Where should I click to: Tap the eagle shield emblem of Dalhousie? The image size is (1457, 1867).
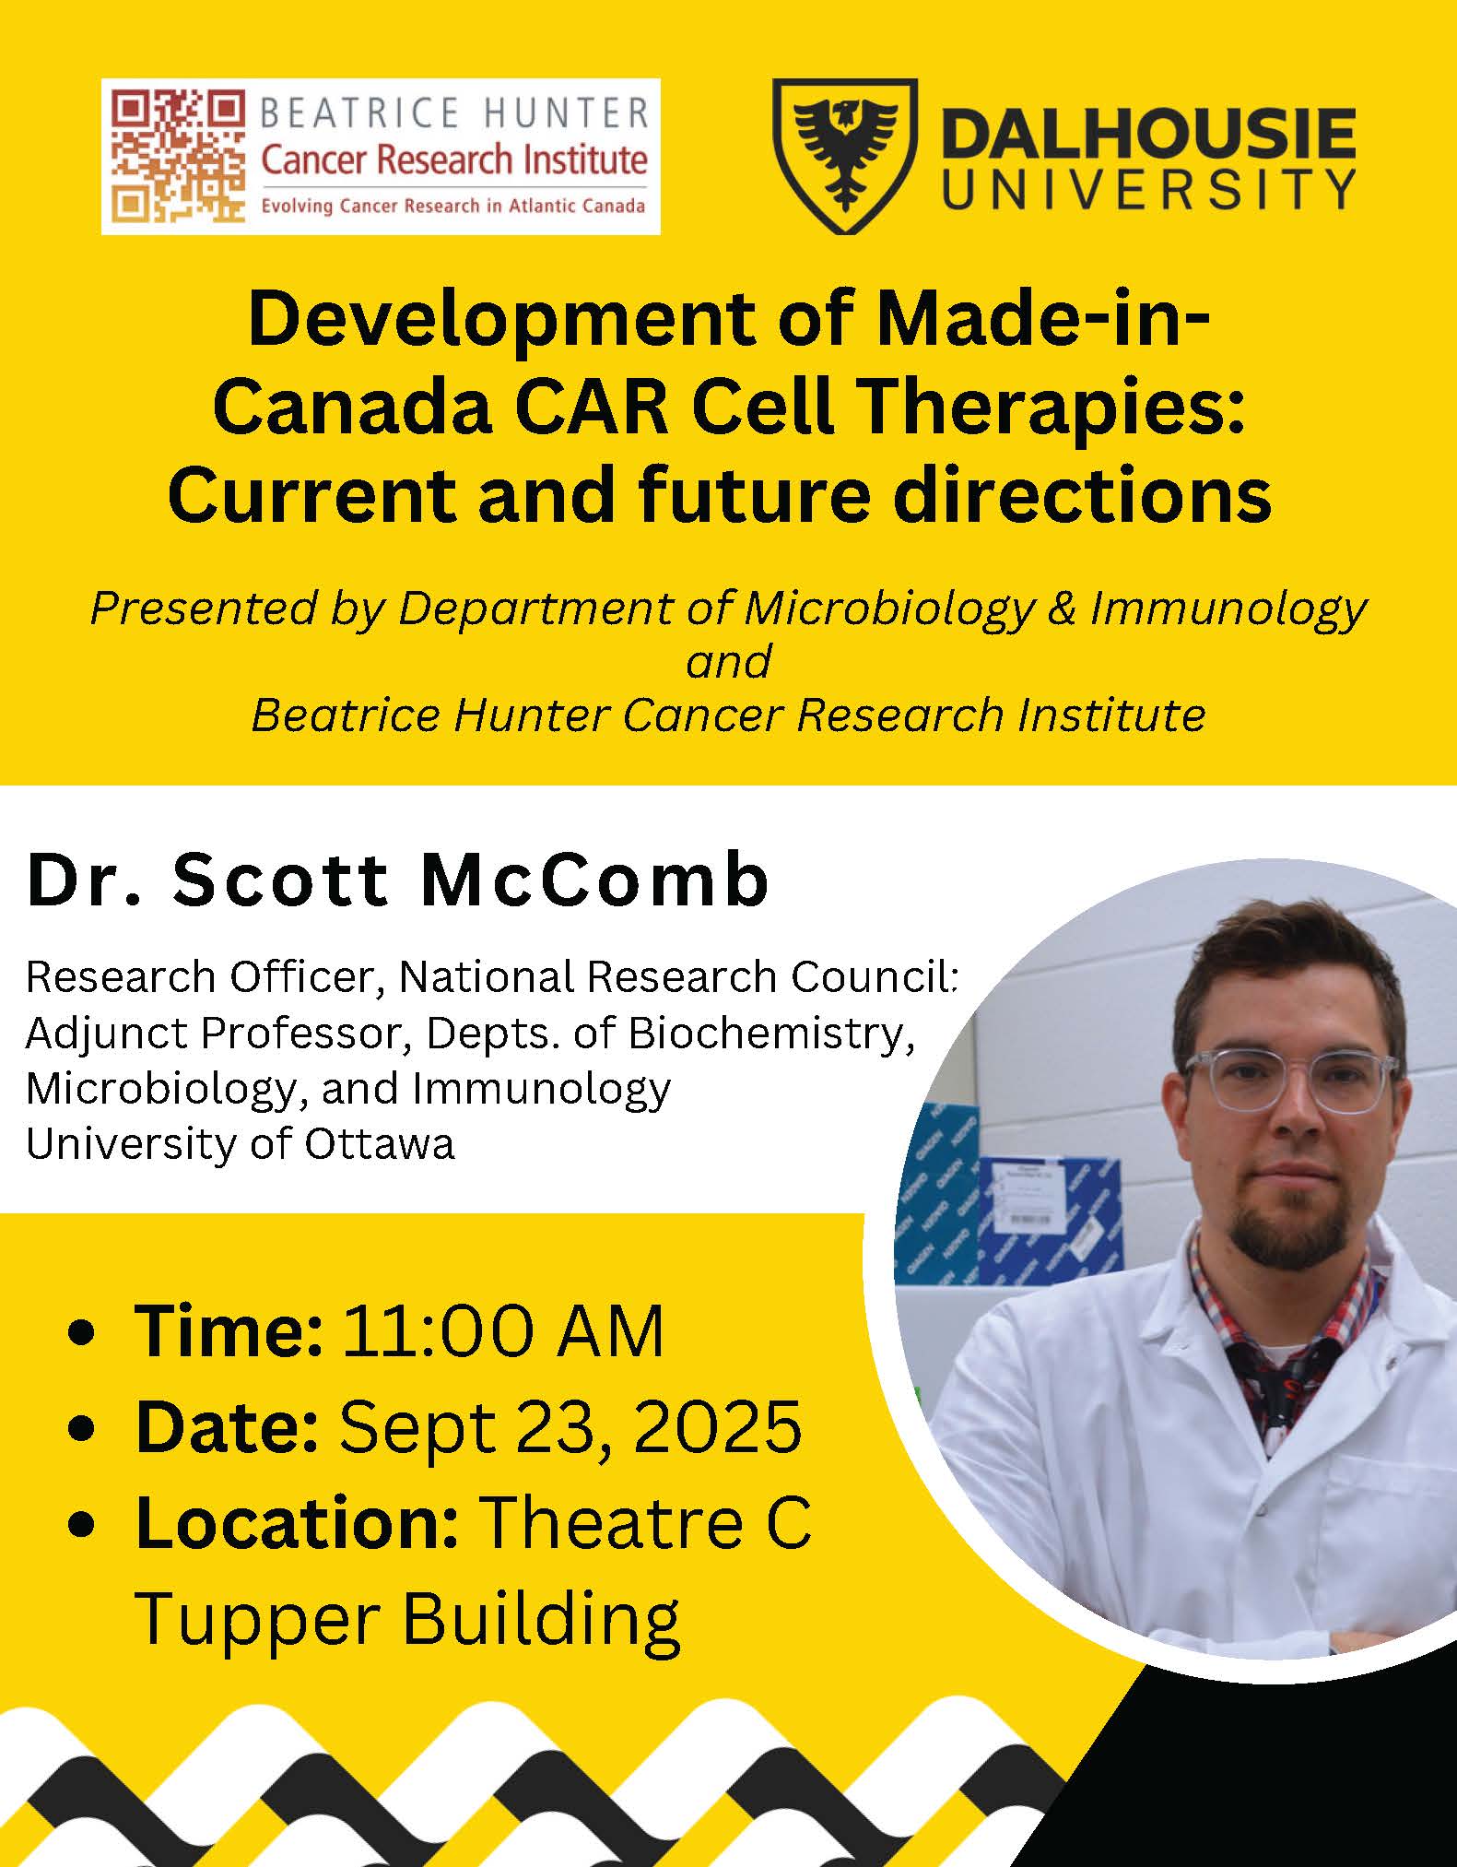(844, 156)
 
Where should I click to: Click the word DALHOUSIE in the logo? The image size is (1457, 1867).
(1150, 134)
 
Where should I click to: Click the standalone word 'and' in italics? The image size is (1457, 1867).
(728, 662)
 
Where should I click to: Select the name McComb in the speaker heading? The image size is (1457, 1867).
(594, 880)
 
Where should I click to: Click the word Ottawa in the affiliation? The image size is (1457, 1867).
(380, 1144)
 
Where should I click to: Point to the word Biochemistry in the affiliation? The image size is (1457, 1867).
(772, 1034)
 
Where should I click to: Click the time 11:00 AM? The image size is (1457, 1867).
(503, 1331)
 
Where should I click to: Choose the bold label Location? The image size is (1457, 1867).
(297, 1522)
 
